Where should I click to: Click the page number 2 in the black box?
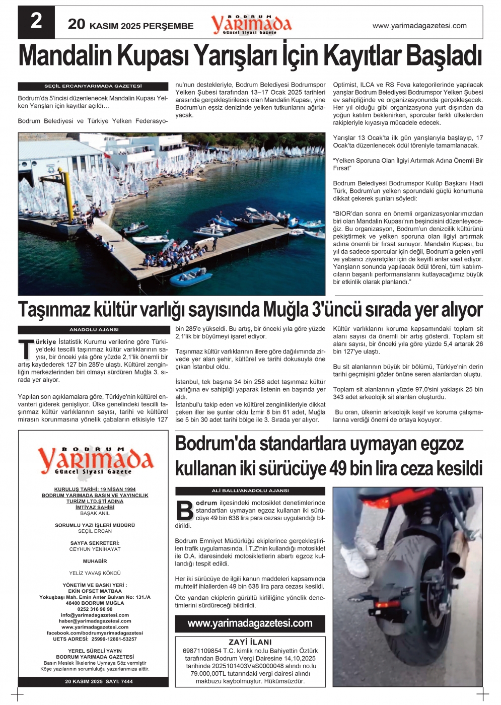[36, 22]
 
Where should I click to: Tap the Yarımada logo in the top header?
[251, 24]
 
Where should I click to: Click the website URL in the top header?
[419, 26]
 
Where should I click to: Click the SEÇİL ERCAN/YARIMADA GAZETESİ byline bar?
[93, 86]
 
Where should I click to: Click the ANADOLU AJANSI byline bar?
[93, 330]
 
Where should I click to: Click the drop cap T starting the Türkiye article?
[25, 349]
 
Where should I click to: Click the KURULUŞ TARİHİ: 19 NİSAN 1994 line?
[95, 489]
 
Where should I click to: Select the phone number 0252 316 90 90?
[95, 609]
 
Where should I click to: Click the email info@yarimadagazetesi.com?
[95, 615]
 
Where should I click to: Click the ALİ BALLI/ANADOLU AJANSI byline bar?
[250, 491]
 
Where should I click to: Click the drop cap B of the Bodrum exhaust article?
[185, 511]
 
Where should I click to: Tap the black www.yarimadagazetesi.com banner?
[250, 623]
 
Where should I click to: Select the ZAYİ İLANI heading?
[250, 643]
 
